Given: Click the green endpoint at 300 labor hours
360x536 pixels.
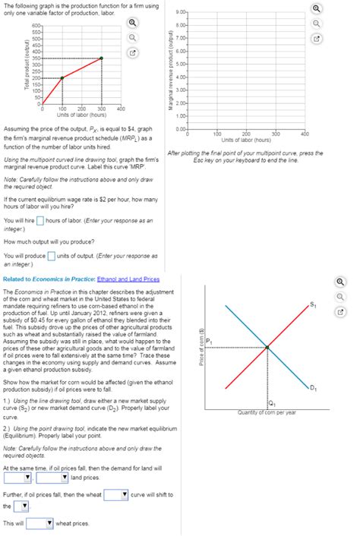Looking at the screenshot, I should tap(102, 58).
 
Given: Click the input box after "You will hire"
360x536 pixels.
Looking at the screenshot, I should tap(41, 221).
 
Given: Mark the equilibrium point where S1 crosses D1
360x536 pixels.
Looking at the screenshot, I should tap(267, 348).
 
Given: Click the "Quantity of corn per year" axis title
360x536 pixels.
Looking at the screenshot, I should tap(266, 412).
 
